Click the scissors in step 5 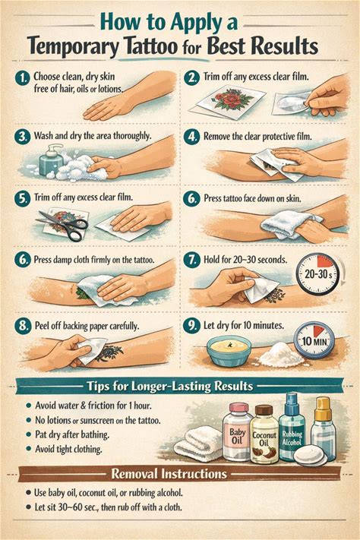coord(62,225)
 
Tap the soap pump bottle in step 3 coord(52,159)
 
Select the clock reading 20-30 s coord(318,274)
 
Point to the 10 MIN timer coord(314,340)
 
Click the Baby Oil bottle coord(238,431)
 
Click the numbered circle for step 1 coord(23,78)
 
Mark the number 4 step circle coord(191,137)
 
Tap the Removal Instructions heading coord(169,474)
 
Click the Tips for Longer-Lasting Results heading coord(170,386)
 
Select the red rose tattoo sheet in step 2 coord(229,100)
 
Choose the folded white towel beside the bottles coord(199,444)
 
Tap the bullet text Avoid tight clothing coord(68,449)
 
